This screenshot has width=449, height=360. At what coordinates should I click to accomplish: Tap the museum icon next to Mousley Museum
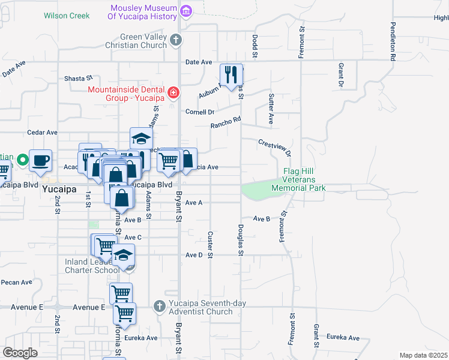pyautogui.click(x=185, y=11)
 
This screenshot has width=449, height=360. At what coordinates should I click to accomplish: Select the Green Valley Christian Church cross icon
pyautogui.click(x=175, y=40)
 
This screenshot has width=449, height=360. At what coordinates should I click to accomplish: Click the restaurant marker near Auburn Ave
pyautogui.click(x=231, y=74)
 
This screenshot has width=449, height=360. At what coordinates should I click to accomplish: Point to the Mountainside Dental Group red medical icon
pyautogui.click(x=173, y=92)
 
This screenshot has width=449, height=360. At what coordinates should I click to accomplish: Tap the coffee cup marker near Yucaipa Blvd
pyautogui.click(x=41, y=160)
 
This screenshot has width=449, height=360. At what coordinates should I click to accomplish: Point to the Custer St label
pyautogui.click(x=210, y=245)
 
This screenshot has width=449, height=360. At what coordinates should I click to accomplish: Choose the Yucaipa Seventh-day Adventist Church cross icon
pyautogui.click(x=159, y=307)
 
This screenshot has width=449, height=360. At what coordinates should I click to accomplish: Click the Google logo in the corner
pyautogui.click(x=20, y=353)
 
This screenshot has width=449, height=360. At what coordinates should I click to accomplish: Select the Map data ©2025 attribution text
pyautogui.click(x=423, y=355)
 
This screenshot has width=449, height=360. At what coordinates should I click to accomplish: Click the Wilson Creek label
pyautogui.click(x=67, y=15)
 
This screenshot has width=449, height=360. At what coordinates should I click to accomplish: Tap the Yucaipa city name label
pyautogui.click(x=58, y=188)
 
